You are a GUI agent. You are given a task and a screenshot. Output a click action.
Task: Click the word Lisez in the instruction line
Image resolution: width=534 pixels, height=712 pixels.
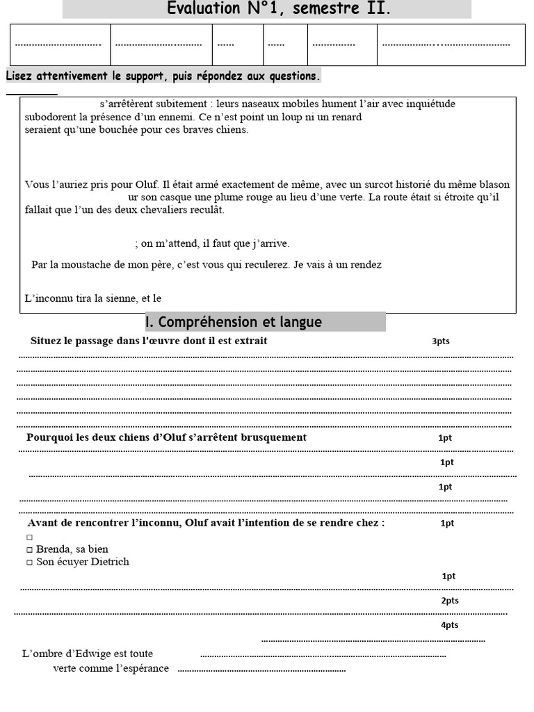tap(19, 76)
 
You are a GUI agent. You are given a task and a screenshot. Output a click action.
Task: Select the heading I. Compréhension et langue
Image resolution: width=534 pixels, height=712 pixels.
tap(234, 322)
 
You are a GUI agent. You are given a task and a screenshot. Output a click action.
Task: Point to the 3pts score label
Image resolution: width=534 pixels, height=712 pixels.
tap(441, 341)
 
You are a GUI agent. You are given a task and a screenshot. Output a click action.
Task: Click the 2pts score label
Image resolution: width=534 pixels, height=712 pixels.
tap(450, 601)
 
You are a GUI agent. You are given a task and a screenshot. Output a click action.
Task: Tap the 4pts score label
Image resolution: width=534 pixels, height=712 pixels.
tap(450, 625)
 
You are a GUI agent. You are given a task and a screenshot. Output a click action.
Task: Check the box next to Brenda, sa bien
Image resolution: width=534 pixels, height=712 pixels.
tap(29, 549)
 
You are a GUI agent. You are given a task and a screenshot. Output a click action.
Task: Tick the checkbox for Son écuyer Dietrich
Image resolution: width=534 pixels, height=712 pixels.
tap(29, 563)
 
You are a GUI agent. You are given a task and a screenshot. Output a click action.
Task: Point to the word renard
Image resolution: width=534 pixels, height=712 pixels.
tap(346, 117)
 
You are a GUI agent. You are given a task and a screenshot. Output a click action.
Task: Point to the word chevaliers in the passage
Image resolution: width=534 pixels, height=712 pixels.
tap(153, 210)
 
